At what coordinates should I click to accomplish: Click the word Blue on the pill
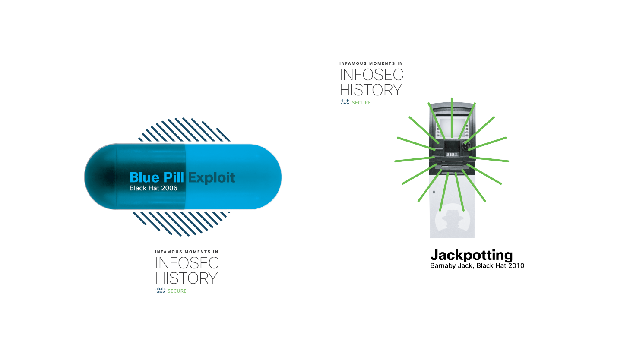coord(145,177)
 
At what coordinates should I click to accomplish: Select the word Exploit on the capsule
coord(212,177)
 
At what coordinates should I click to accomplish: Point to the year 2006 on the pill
coord(169,188)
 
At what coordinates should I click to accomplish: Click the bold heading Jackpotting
coord(472,255)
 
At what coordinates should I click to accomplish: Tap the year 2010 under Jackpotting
coord(516,265)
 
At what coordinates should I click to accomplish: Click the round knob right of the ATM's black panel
coord(465,145)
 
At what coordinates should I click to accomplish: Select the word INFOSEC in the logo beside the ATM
coord(371,76)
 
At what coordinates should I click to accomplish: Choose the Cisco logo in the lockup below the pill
coord(161,291)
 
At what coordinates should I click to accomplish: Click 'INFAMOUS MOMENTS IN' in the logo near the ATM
coord(371,64)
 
